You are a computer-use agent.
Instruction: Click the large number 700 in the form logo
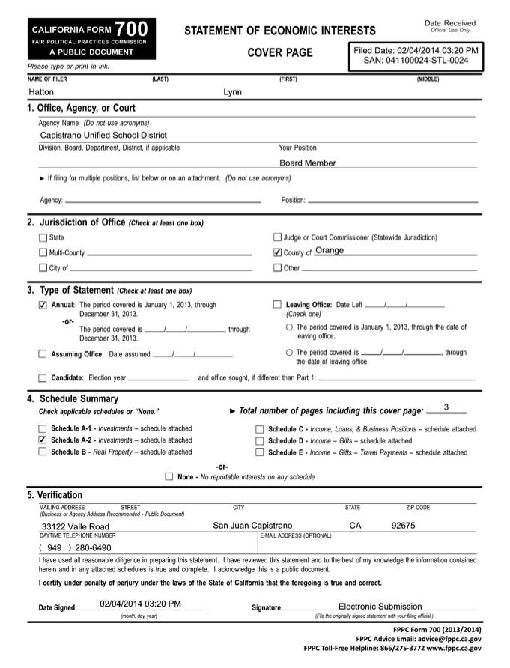[132, 28]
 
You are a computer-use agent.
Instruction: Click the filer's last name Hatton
[41, 92]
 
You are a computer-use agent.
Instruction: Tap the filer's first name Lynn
[233, 92]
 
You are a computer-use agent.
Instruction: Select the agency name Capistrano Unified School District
[103, 136]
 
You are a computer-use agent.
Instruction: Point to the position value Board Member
[308, 163]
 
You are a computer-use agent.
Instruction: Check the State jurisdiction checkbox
[43, 237]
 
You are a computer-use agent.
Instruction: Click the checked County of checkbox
[278, 252]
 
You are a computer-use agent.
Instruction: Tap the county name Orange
[330, 251]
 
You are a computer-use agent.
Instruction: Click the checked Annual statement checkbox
[43, 305]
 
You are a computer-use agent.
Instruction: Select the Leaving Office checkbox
[278, 305]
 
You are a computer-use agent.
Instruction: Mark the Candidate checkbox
[43, 377]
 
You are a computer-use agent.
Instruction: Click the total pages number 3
[446, 407]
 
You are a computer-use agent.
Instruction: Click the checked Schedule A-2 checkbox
[43, 440]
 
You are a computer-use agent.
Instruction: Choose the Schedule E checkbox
[260, 452]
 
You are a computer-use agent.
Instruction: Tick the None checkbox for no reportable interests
[169, 476]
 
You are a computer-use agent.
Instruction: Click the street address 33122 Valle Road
[75, 526]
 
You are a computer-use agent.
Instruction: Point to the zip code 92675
[403, 526]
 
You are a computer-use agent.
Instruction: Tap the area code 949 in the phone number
[54, 547]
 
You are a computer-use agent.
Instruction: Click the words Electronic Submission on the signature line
[380, 606]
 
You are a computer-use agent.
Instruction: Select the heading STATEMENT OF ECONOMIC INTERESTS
[280, 31]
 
